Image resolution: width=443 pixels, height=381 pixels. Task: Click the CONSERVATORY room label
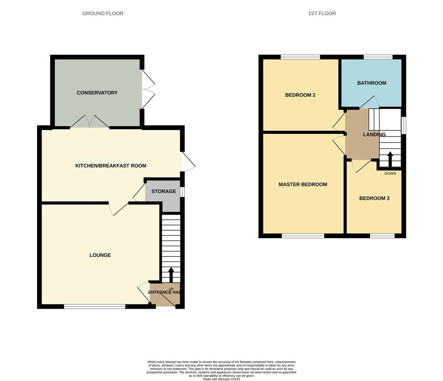click(97, 93)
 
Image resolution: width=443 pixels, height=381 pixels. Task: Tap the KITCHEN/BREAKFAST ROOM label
click(110, 166)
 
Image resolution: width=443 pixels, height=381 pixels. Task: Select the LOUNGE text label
click(100, 255)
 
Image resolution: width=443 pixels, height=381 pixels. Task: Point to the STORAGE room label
click(163, 191)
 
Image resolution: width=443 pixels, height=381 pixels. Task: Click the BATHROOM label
click(371, 83)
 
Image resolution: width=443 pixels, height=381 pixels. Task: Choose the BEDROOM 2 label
click(300, 95)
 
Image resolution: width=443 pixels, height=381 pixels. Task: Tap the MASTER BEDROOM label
click(303, 184)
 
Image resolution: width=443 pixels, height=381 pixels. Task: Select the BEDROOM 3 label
click(374, 198)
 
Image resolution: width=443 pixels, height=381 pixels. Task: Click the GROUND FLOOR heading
click(102, 13)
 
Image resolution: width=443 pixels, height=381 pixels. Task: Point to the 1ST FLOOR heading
click(322, 13)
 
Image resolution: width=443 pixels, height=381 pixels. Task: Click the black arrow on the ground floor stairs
click(171, 274)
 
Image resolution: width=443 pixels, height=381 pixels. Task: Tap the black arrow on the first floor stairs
click(390, 159)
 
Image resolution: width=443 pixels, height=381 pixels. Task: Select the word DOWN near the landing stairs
click(390, 174)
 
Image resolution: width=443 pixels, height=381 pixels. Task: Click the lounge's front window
click(95, 307)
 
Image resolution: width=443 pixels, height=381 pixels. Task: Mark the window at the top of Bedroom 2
click(300, 57)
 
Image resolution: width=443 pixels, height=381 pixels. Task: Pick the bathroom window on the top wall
click(378, 57)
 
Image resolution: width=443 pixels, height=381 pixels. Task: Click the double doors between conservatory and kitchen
click(90, 122)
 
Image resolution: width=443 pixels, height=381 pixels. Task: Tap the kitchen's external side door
click(188, 162)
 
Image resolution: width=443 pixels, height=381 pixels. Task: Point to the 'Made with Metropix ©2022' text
click(221, 379)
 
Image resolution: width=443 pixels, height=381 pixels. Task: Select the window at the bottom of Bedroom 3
click(382, 236)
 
